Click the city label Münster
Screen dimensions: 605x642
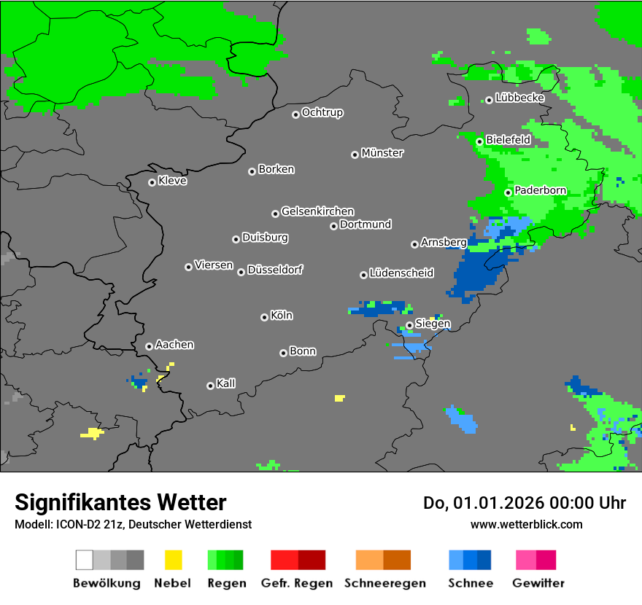point(382,153)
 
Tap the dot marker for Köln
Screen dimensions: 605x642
point(264,317)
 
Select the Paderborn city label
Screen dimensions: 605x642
point(540,191)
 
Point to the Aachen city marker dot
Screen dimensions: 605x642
point(149,346)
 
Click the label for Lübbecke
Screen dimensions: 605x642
point(519,98)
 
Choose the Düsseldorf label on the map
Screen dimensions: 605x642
point(275,270)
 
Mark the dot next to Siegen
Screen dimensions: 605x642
point(409,325)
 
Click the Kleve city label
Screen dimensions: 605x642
point(172,181)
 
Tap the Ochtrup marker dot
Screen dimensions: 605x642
point(295,114)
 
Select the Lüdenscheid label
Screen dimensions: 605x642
point(401,273)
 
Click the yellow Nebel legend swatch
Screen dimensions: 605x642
point(173,560)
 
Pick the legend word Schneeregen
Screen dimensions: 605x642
point(385,583)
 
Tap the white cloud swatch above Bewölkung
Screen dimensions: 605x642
point(85,560)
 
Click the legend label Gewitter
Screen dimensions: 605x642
point(538,583)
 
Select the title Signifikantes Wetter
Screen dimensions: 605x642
point(120,502)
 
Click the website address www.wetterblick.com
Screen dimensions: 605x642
point(526,524)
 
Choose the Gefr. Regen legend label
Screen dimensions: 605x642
point(297,583)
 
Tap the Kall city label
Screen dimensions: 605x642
point(225,383)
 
